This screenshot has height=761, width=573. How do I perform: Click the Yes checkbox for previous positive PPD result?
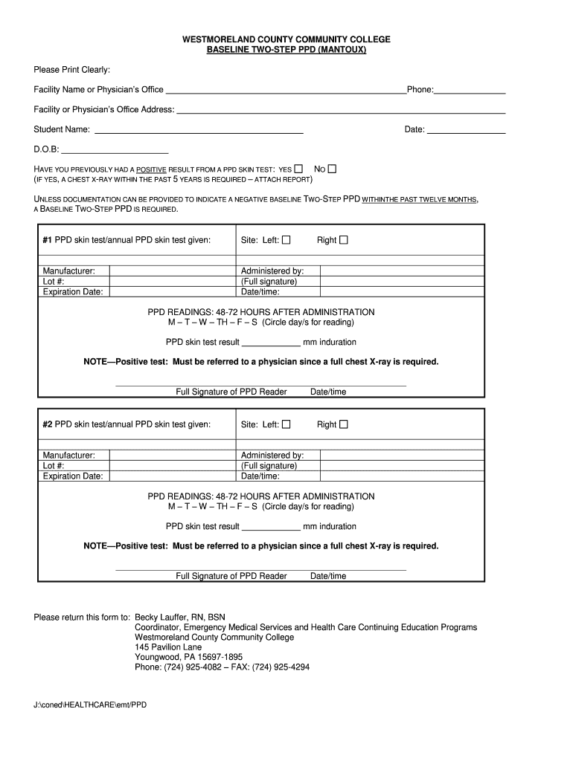click(x=298, y=169)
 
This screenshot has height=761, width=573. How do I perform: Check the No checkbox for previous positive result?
click(x=332, y=169)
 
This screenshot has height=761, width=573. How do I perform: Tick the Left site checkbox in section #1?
click(x=286, y=240)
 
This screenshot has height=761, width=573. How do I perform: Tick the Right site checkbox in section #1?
click(x=344, y=240)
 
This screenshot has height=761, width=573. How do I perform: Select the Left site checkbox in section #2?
click(x=286, y=425)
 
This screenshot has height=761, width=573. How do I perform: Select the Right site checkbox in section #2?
click(x=344, y=425)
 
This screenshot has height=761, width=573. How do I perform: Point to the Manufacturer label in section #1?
click(x=68, y=271)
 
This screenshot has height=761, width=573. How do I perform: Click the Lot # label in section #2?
click(x=54, y=466)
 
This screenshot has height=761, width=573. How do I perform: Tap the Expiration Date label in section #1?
click(x=73, y=292)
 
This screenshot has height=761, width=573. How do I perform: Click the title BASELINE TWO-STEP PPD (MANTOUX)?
click(x=286, y=50)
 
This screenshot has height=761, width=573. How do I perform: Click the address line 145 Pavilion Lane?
click(x=168, y=647)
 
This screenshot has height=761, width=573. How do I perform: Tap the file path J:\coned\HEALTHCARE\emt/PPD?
click(x=90, y=705)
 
